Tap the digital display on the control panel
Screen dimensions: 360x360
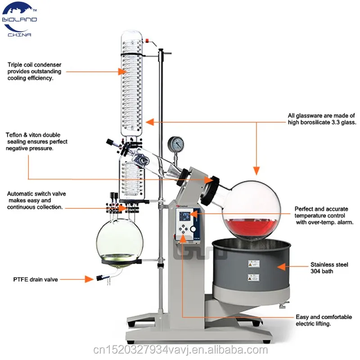184,216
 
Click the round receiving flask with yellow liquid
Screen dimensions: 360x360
119,238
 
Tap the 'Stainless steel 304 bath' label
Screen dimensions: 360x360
328,268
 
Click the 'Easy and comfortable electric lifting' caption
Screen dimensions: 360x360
324,320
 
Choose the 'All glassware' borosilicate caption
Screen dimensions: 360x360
322,119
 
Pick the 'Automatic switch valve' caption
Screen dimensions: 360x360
36,200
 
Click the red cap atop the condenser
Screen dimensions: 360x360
147,41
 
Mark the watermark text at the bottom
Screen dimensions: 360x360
180,349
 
